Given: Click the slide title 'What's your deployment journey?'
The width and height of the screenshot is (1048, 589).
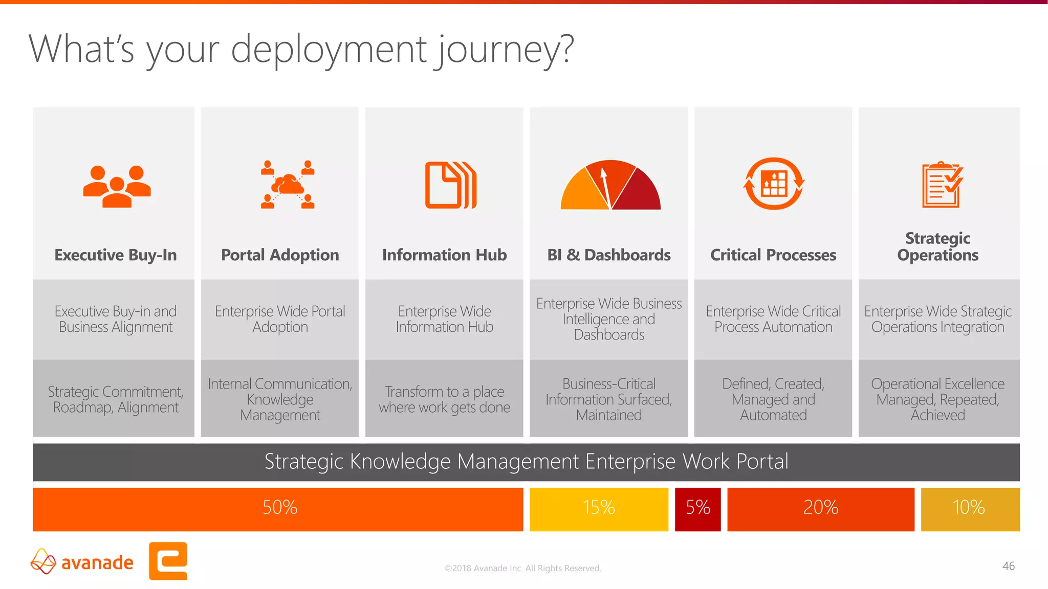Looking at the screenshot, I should point(301,50).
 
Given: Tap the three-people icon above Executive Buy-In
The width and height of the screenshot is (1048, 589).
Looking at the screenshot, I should point(117,186).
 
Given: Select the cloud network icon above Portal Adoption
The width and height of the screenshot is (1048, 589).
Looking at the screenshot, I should point(288,185).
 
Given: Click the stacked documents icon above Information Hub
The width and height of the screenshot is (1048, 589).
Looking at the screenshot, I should point(450,185).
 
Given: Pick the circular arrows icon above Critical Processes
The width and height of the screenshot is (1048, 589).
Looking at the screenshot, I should point(774,184).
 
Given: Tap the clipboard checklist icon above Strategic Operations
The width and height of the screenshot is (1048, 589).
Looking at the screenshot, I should point(942,185).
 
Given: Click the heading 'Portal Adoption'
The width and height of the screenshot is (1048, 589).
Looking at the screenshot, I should point(280,255).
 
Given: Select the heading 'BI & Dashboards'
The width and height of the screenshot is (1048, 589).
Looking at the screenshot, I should point(608,255).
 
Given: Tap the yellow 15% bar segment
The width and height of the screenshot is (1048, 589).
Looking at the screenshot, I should point(599,509).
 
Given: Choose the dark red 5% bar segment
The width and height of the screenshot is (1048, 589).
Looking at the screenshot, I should point(697,509).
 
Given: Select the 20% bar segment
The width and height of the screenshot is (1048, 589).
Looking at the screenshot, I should point(820,509).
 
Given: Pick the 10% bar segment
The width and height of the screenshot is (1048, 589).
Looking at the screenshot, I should point(970,509).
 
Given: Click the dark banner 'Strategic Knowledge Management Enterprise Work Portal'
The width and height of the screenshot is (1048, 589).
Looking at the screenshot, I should point(526,462).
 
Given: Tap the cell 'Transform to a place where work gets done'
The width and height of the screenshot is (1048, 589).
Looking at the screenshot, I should point(444,399).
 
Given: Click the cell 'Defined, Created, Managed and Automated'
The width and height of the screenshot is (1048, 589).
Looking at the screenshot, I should point(773,399).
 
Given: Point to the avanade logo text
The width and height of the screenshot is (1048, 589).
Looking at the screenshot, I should point(97,563).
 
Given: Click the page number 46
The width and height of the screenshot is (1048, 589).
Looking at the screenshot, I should point(1008,566).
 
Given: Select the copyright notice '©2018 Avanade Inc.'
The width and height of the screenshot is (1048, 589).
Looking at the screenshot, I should point(522,568).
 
